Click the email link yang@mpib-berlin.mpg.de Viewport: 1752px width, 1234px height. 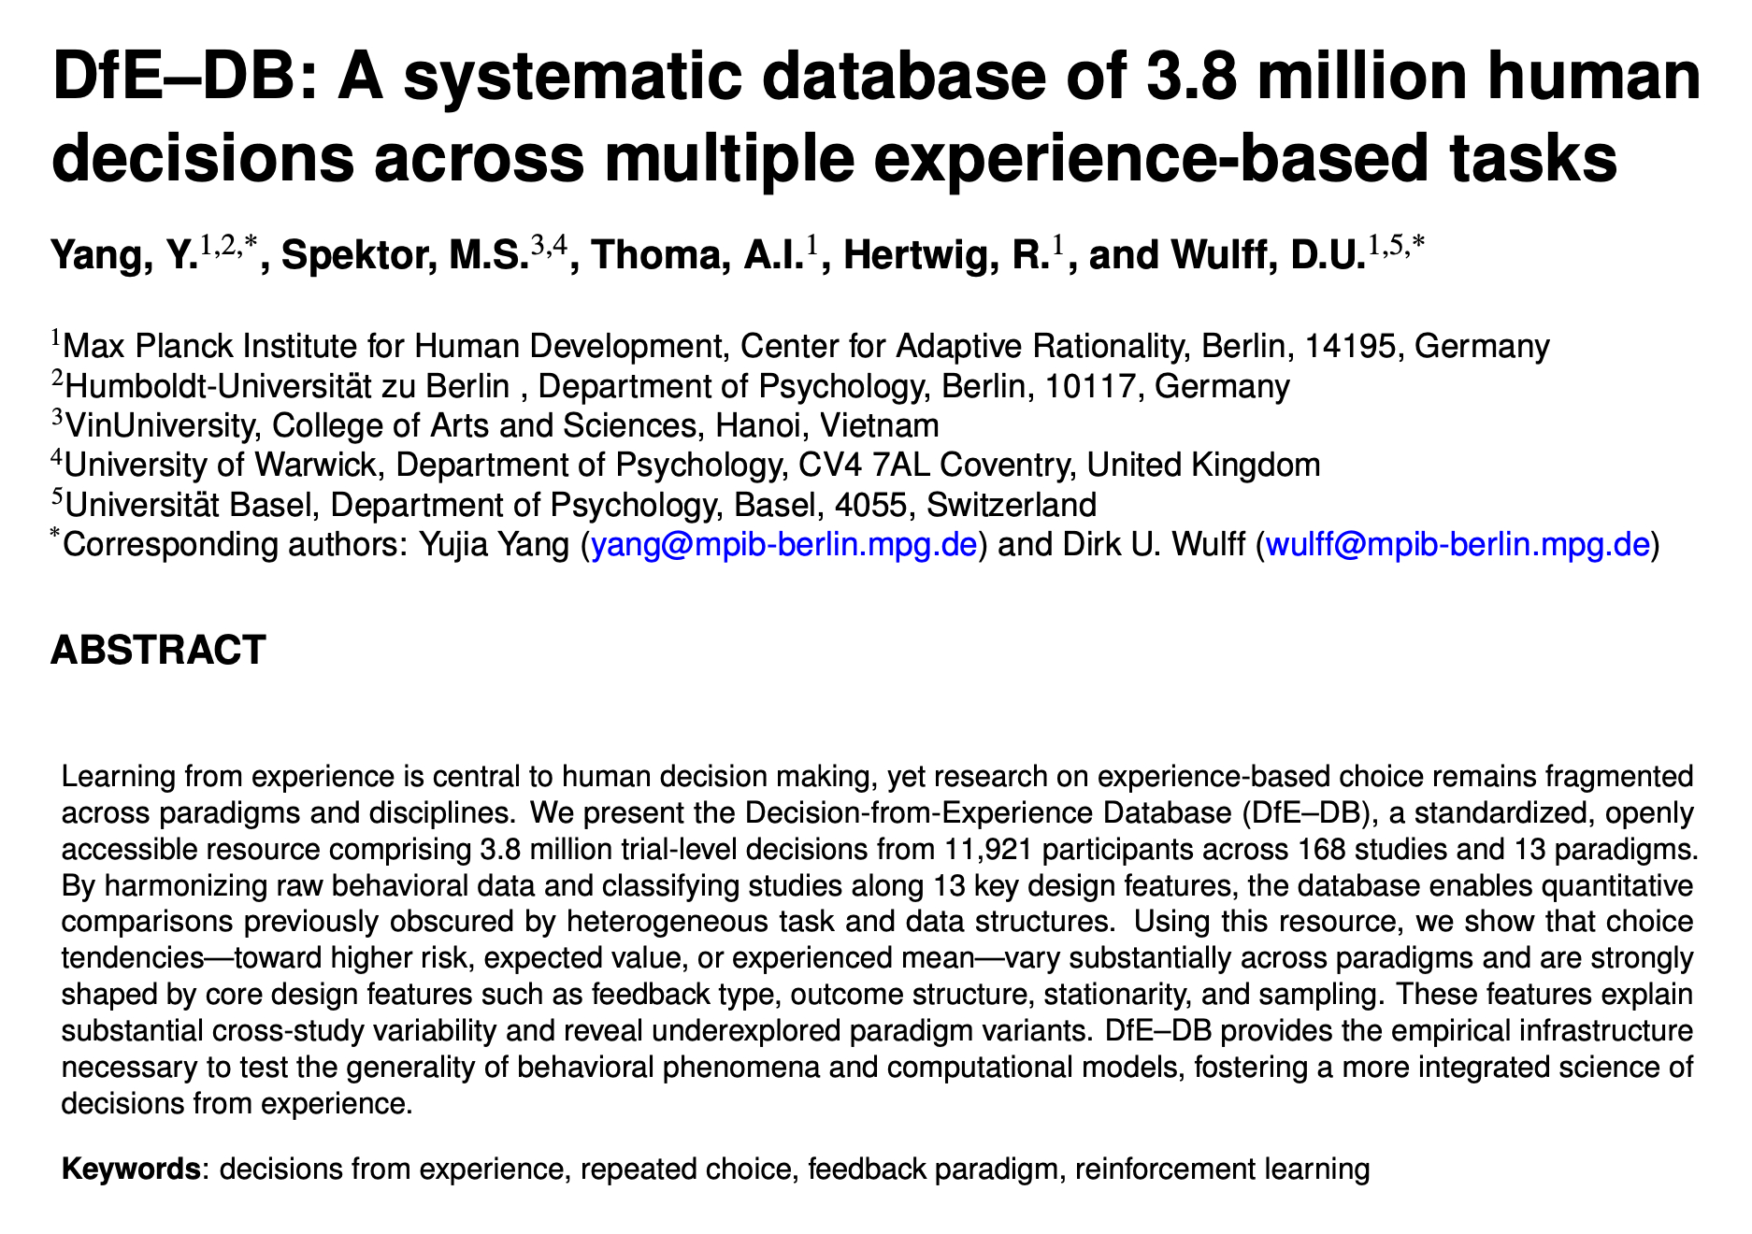[784, 544]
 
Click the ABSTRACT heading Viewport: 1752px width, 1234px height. [158, 650]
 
